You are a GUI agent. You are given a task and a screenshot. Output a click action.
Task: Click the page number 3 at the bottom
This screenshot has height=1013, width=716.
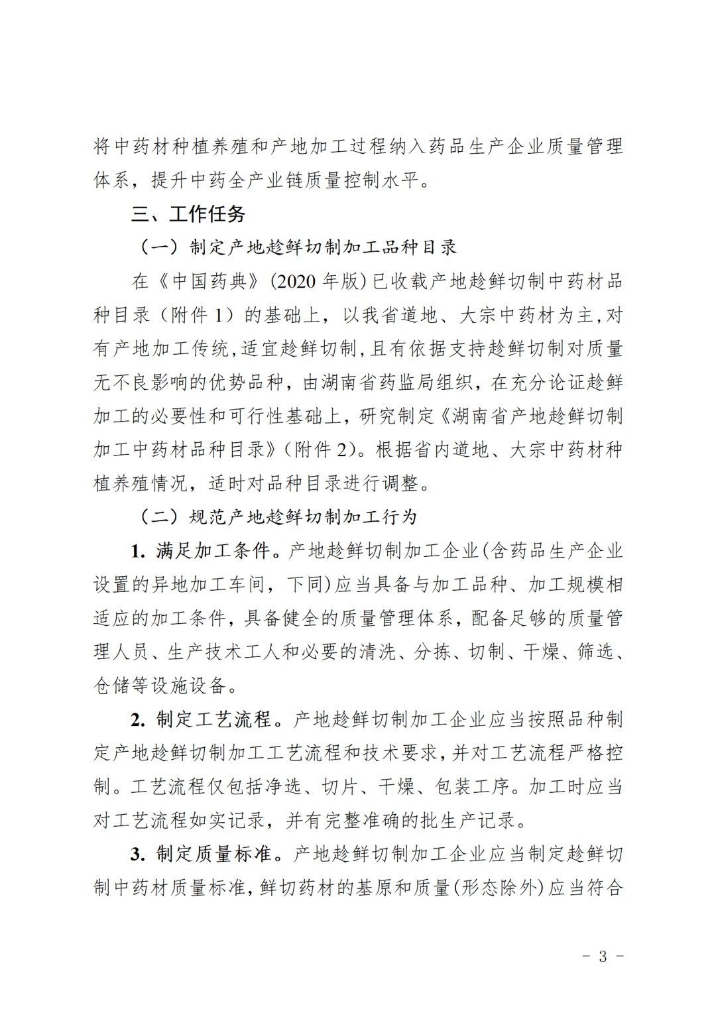click(603, 956)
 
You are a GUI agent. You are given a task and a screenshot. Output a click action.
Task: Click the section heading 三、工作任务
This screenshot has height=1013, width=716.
click(188, 213)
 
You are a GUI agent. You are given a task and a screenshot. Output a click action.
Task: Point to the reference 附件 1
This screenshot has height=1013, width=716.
click(198, 315)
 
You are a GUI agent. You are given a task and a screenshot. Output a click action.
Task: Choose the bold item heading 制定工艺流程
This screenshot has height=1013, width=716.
click(213, 719)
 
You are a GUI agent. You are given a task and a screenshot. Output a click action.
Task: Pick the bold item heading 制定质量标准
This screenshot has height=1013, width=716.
click(213, 854)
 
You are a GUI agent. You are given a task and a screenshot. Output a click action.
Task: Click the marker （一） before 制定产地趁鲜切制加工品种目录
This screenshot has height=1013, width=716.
click(160, 247)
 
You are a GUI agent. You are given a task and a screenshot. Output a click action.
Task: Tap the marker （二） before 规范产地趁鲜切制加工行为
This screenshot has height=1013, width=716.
click(160, 517)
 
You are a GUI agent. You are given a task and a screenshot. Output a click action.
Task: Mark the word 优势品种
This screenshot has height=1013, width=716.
click(247, 383)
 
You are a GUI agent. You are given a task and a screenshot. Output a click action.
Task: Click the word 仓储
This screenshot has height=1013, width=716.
click(113, 685)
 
